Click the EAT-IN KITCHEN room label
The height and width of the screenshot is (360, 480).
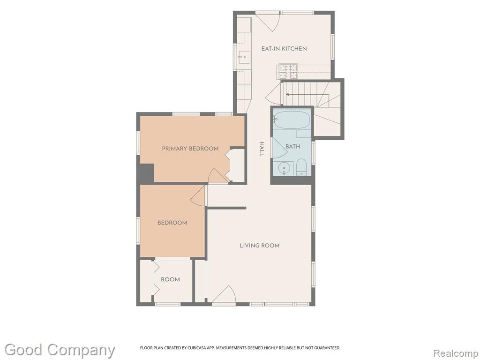284,49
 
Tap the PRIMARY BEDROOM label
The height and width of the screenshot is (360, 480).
190,149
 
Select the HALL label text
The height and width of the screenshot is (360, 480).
262,149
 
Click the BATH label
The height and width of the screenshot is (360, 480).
292,147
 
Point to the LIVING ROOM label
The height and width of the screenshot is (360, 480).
259,246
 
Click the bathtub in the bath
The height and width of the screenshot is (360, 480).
292,120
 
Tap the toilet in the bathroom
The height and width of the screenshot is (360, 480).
301,167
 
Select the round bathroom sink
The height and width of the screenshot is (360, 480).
285,168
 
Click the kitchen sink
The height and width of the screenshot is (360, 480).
244,57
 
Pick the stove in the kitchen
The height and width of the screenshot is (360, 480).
288,71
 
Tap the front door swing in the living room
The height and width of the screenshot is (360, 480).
224,294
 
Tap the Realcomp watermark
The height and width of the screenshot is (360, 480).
456,353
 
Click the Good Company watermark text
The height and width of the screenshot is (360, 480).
60,350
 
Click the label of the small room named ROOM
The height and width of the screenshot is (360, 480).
170,279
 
